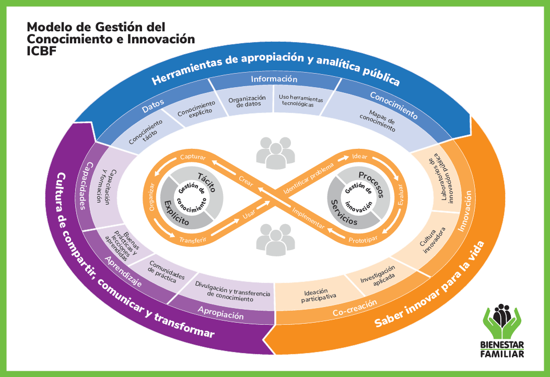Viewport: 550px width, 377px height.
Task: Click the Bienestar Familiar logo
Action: click(502, 331)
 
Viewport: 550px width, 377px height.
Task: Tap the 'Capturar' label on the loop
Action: click(193, 157)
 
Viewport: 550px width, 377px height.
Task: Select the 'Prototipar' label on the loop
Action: click(363, 240)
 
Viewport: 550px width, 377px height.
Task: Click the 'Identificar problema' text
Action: click(309, 179)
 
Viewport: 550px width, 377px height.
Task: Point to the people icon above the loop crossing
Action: click(275, 153)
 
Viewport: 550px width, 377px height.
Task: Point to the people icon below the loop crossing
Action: click(275, 240)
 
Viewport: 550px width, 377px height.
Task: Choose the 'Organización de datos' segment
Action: click(247, 101)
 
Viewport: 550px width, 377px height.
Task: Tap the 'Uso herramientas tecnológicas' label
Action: click(300, 101)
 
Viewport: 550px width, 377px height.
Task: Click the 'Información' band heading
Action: click(274, 79)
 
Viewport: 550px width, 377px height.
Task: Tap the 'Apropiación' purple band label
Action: click(220, 312)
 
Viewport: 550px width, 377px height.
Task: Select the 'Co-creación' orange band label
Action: click(355, 308)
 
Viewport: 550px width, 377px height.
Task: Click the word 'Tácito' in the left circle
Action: click(207, 182)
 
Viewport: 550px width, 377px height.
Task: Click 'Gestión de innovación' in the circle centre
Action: click(358, 197)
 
